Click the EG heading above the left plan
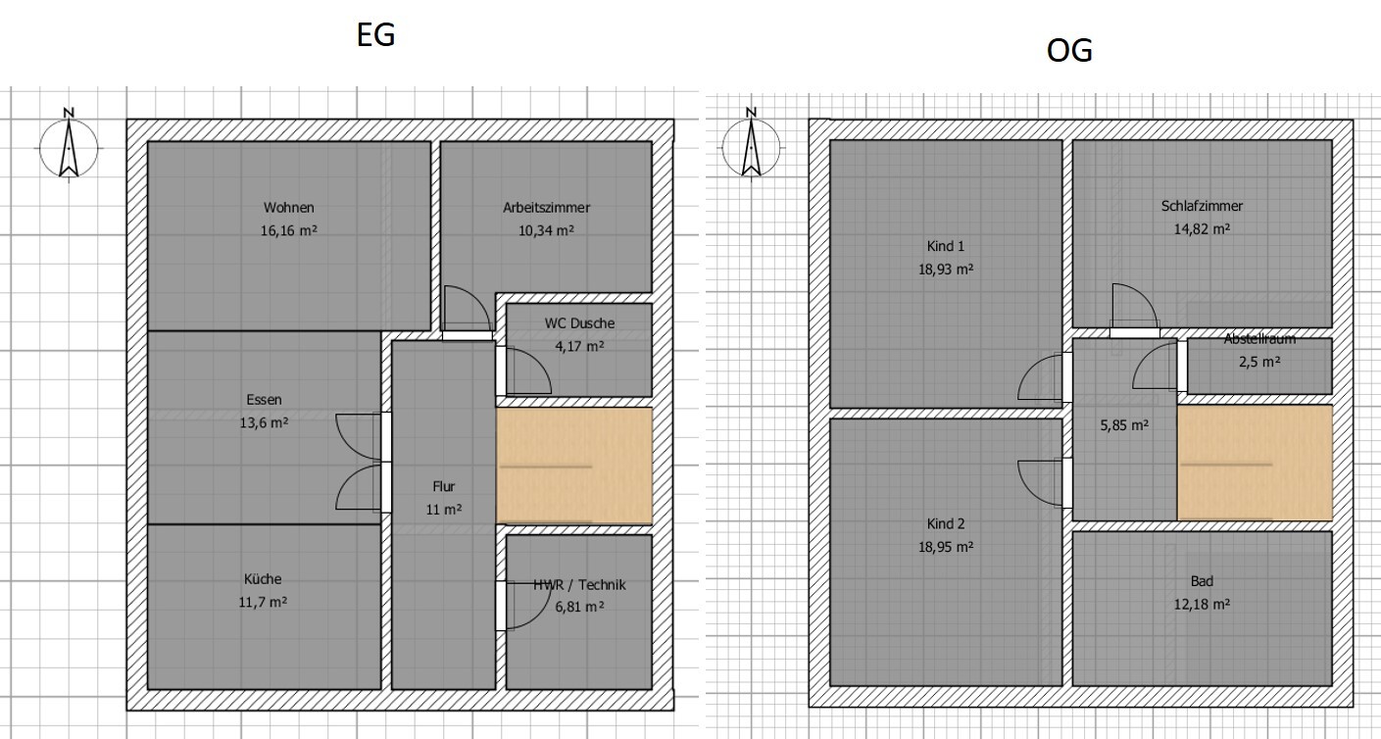pyautogui.click(x=375, y=35)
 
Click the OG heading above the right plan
pyautogui.click(x=1069, y=51)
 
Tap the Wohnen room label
pyautogui.click(x=288, y=208)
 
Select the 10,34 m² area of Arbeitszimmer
pyautogui.click(x=546, y=230)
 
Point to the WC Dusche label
pyautogui.click(x=579, y=323)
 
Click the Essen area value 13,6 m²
pyautogui.click(x=264, y=422)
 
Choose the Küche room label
pyautogui.click(x=263, y=578)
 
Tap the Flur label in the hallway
pyautogui.click(x=444, y=486)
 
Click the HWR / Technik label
pyautogui.click(x=579, y=585)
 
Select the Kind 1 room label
pyautogui.click(x=946, y=247)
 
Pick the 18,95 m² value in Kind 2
pyautogui.click(x=946, y=547)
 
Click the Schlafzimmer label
pyautogui.click(x=1202, y=206)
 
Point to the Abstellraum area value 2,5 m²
pyautogui.click(x=1259, y=362)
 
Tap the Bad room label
pyautogui.click(x=1202, y=581)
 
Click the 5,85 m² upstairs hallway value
pyautogui.click(x=1124, y=425)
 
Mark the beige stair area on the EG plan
pyautogui.click(x=574, y=466)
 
